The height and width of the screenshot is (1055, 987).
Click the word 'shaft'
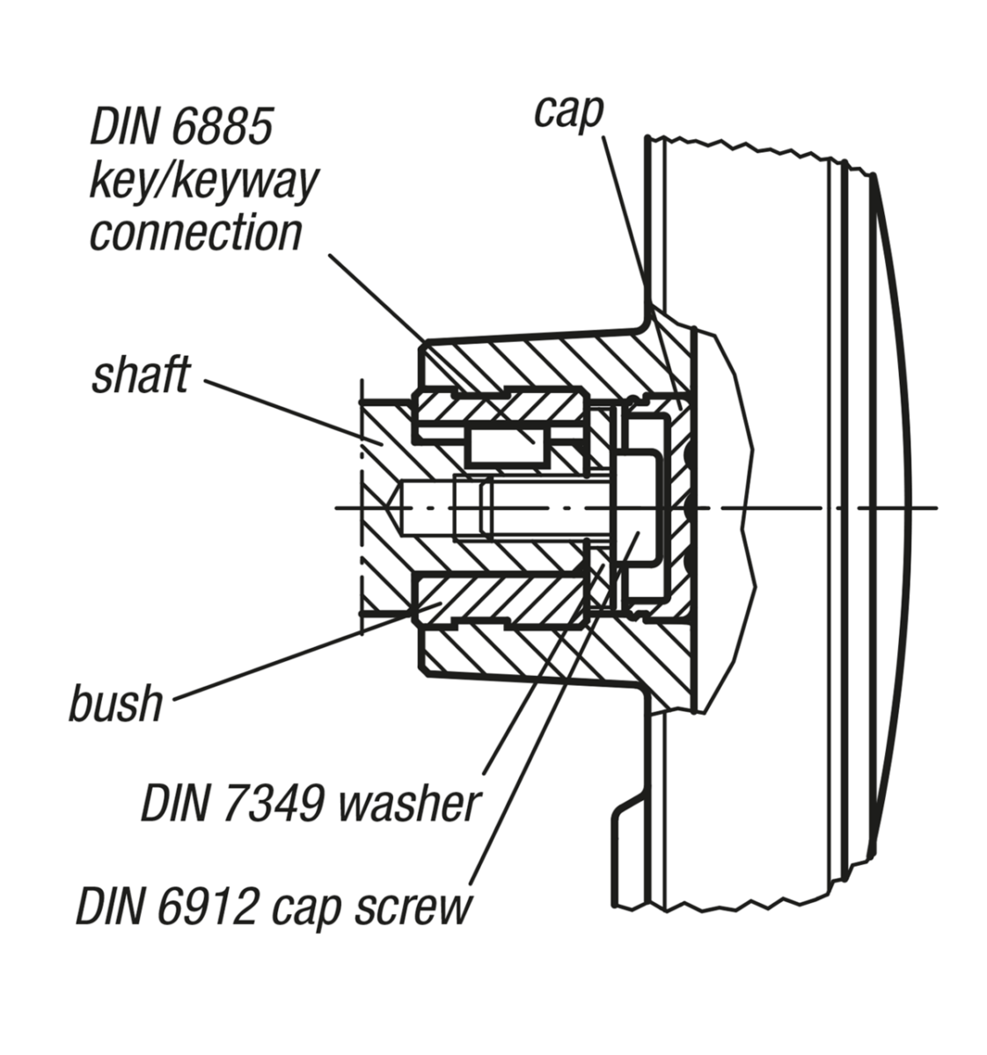click(141, 375)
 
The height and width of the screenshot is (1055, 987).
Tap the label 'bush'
click(117, 703)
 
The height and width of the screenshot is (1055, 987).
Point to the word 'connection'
click(196, 233)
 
